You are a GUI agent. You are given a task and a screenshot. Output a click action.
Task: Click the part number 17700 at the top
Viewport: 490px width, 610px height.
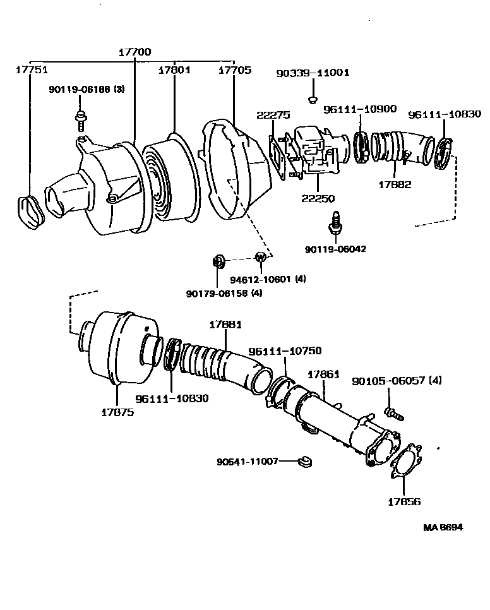(134, 52)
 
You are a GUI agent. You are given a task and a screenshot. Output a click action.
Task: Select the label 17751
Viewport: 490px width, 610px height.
(32, 70)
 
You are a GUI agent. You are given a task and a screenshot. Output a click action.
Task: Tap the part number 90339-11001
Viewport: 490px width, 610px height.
(313, 73)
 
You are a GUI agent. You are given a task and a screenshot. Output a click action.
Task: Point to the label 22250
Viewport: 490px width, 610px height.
(318, 198)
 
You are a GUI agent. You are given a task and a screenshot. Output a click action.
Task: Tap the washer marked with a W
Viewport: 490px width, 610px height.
(260, 256)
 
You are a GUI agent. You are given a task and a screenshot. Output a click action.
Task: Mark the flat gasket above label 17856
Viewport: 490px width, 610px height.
(405, 462)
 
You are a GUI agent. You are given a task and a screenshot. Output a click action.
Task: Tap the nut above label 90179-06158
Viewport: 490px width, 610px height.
(219, 260)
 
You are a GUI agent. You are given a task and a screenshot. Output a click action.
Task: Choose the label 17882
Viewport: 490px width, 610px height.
(395, 184)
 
